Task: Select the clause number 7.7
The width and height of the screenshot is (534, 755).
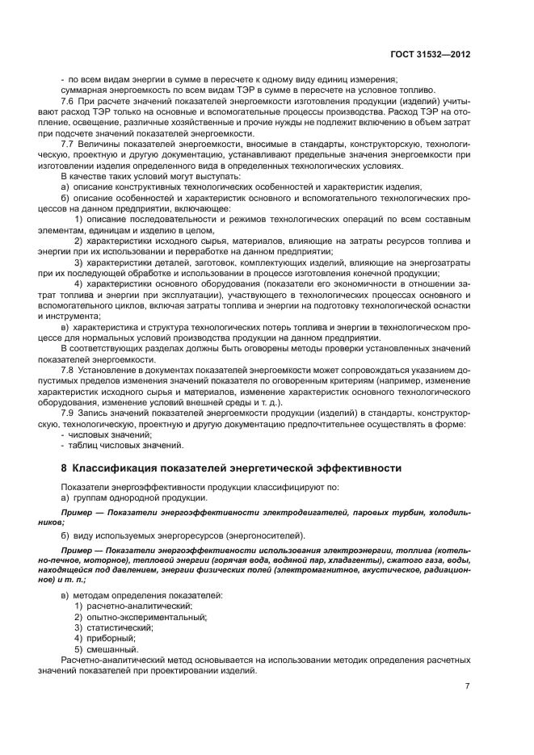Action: click(x=68, y=143)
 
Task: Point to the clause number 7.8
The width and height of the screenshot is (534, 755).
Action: click(x=68, y=369)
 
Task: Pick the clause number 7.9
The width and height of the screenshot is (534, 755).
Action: click(x=68, y=413)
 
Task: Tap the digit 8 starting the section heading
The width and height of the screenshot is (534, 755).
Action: click(x=64, y=468)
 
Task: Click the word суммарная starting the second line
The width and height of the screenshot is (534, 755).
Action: click(x=85, y=90)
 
